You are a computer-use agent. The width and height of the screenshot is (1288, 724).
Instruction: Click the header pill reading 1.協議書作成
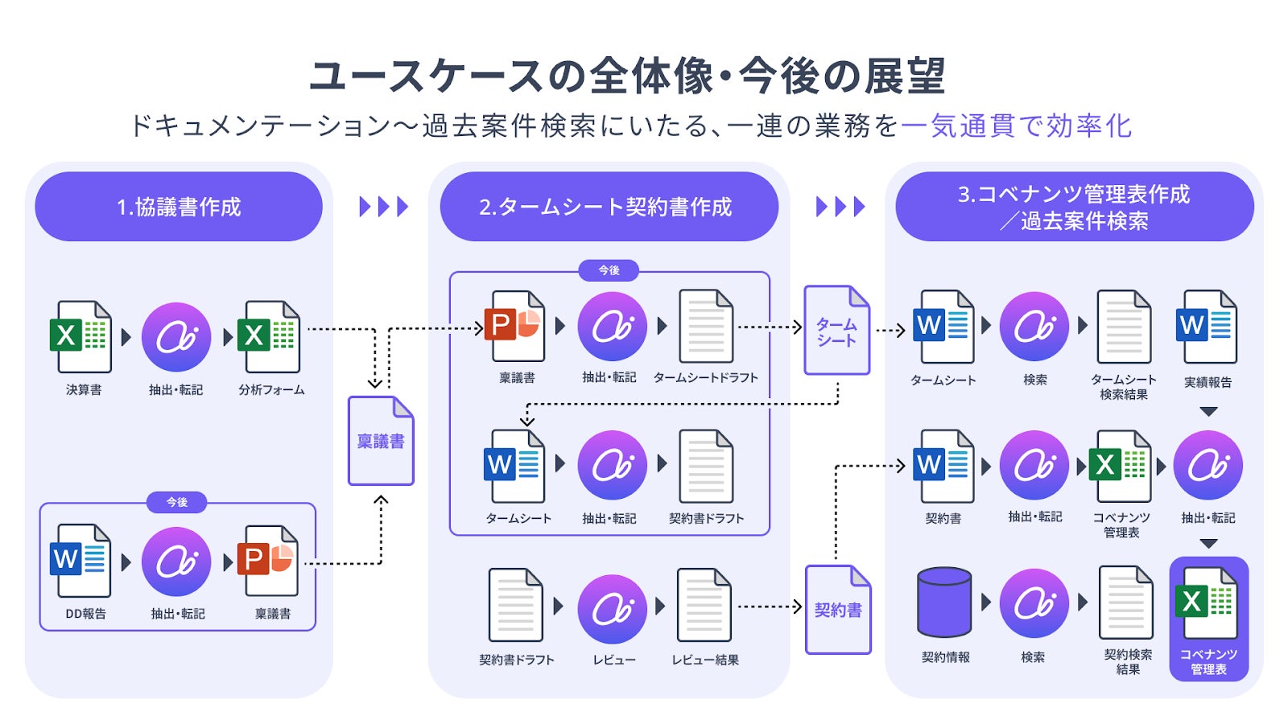pyautogui.click(x=179, y=207)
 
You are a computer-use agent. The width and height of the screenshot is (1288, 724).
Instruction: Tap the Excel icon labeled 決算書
pyautogui.click(x=80, y=336)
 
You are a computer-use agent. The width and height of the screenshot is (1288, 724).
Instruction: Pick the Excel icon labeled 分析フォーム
pyautogui.click(x=269, y=336)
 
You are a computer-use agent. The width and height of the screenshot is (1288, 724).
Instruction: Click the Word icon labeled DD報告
pyautogui.click(x=80, y=561)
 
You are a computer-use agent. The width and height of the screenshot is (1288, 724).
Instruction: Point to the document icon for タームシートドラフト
pyautogui.click(x=706, y=327)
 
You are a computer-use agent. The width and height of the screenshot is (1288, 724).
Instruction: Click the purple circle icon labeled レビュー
pyautogui.click(x=612, y=609)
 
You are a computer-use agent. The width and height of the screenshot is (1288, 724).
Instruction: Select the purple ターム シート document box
pyautogui.click(x=837, y=331)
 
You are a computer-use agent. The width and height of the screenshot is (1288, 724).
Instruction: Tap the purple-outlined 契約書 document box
pyautogui.click(x=838, y=610)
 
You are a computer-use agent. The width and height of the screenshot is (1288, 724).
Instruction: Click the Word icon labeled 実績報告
pyautogui.click(x=1207, y=327)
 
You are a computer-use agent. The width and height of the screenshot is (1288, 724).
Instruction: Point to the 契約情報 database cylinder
pyautogui.click(x=944, y=603)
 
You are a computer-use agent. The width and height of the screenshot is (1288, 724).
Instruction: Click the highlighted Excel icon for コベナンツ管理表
pyautogui.click(x=1207, y=602)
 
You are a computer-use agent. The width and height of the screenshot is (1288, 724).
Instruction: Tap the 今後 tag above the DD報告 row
pyautogui.click(x=177, y=502)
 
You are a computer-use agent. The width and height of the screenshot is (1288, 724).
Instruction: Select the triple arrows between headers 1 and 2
pyautogui.click(x=384, y=207)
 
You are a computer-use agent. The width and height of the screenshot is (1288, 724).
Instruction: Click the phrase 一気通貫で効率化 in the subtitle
pyautogui.click(x=1016, y=126)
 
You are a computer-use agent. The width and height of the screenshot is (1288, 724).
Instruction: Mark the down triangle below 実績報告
pyautogui.click(x=1208, y=412)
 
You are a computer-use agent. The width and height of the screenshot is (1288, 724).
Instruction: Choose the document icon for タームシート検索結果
pyautogui.click(x=1125, y=327)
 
